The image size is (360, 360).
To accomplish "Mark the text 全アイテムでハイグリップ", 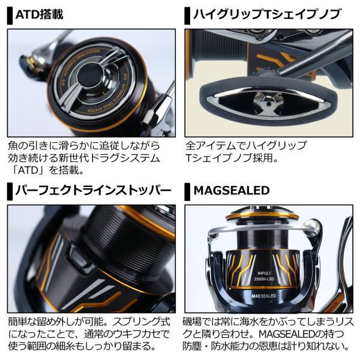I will [245, 145].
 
